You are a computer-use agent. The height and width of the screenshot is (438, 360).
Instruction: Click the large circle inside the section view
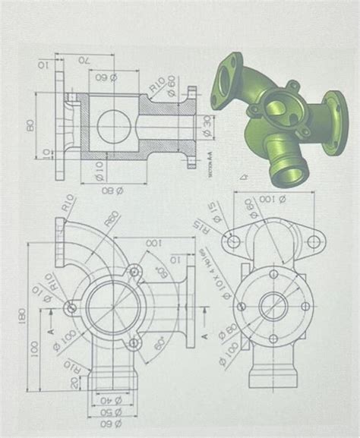click(x=115, y=122)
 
